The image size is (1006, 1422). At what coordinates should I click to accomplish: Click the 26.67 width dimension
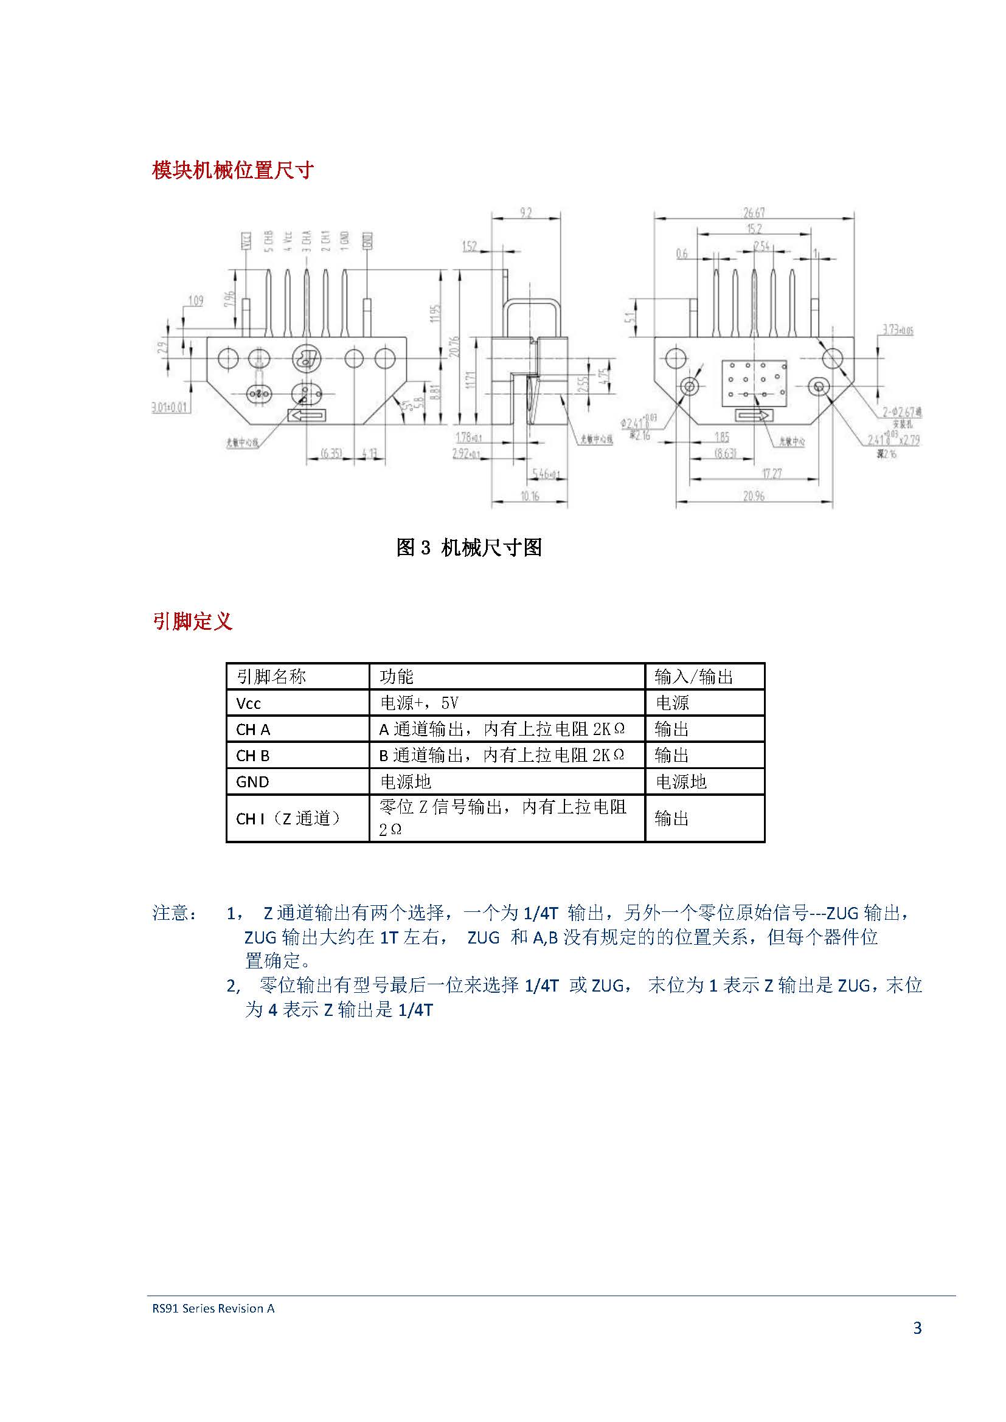(754, 212)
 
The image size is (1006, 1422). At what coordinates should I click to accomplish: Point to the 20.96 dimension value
(754, 496)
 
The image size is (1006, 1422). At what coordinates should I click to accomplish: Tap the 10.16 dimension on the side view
(530, 496)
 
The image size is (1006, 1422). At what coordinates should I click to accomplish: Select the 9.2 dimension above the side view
(526, 212)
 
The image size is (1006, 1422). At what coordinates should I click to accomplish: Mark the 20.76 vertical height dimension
(455, 346)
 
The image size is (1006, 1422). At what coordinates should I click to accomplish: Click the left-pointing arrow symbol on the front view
(305, 416)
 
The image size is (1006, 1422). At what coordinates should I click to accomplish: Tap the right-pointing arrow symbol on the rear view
(753, 416)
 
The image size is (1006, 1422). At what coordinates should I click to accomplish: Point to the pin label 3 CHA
(307, 241)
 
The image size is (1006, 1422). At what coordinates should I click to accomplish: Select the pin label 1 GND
(345, 241)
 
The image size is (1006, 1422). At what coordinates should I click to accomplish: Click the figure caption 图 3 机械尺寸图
(469, 548)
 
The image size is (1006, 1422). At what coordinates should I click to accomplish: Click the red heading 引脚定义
(192, 621)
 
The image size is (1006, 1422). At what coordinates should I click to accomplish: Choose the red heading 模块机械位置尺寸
(233, 170)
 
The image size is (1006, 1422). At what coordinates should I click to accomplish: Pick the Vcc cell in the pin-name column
(248, 703)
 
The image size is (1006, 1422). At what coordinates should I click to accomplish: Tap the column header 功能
(397, 677)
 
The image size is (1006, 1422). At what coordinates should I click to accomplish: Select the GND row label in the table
(252, 782)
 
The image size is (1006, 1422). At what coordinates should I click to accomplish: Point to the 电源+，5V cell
(420, 703)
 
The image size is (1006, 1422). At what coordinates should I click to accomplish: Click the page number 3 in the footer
(917, 1328)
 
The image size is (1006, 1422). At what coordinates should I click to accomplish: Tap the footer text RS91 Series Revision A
(213, 1309)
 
